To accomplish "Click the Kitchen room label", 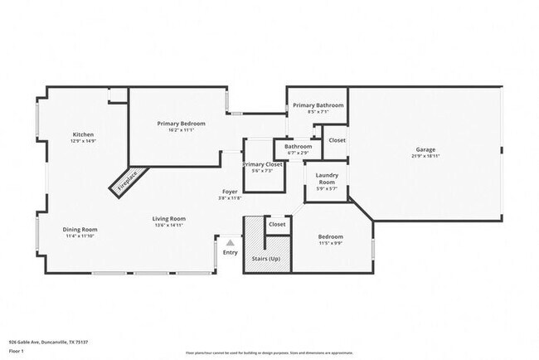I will tap(83, 134).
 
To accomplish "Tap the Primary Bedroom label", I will tap(182, 124).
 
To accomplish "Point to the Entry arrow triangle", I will tap(231, 243).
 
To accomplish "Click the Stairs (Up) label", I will tap(265, 259).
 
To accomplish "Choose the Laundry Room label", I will tap(327, 178).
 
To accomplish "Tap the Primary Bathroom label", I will tap(318, 105).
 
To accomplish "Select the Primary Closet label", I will tap(263, 164).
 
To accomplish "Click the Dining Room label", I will tap(80, 229).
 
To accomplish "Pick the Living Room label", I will tap(168, 219).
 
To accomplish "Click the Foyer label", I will tap(230, 192).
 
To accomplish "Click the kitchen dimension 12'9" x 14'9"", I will tap(83, 141).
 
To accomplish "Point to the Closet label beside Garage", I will tap(337, 140).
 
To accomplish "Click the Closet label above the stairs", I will tap(277, 224).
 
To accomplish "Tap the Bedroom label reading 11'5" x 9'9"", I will tap(331, 236).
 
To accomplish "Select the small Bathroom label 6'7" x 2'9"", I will tap(298, 147).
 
